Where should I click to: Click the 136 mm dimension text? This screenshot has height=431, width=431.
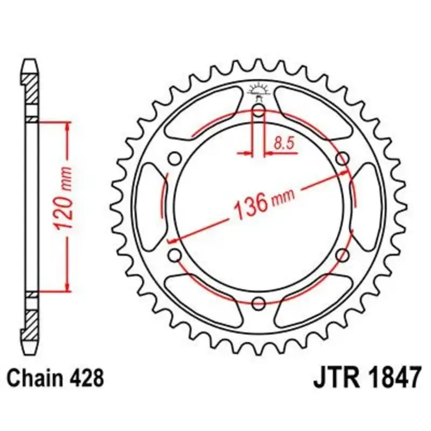[264, 203]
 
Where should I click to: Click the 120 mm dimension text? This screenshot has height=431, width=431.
[64, 198]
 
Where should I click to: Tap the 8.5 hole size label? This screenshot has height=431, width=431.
[284, 143]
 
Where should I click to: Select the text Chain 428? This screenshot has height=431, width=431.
[55, 378]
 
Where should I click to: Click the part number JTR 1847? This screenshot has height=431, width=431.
[367, 378]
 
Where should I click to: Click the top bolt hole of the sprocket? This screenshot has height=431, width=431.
[259, 112]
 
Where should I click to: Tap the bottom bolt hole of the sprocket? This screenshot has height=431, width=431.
[259, 303]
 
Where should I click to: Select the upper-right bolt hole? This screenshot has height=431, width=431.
[343, 159]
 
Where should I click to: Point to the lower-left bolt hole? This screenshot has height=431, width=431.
[175, 255]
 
